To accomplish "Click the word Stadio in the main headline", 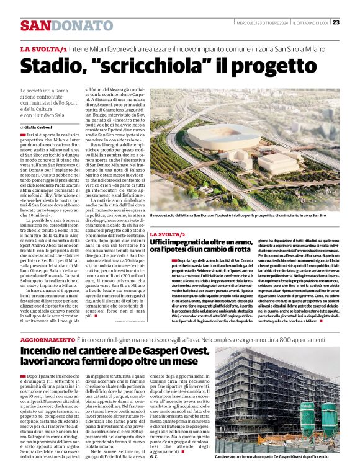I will click(52, 64).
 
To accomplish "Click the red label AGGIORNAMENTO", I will click(47, 341).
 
